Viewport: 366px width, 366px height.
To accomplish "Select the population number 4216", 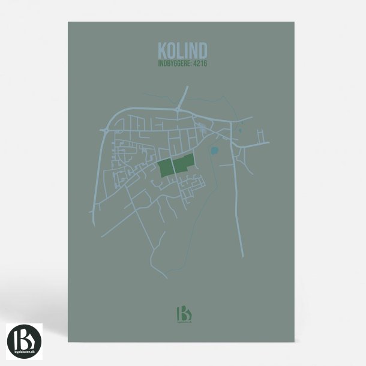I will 201,62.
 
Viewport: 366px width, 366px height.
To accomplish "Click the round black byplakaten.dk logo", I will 25,341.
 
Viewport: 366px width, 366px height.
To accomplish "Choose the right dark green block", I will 184,163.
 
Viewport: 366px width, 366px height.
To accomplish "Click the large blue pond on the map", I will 214,150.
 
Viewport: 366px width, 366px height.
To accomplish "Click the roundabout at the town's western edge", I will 104,128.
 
